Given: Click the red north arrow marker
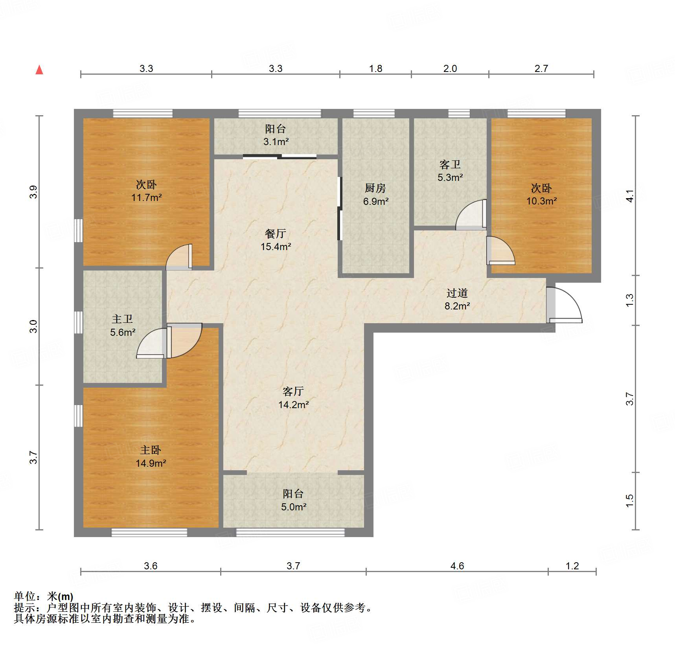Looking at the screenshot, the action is [x=39, y=70].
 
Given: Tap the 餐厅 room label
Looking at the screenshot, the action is [x=275, y=234].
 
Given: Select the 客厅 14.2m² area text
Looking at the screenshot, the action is [x=293, y=405].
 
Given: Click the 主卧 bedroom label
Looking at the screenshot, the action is [x=151, y=450].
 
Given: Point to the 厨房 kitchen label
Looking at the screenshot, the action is [x=375, y=188].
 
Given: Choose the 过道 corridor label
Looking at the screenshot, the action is [x=457, y=293].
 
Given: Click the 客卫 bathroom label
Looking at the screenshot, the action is [x=450, y=164].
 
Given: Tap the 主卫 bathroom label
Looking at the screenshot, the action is [x=122, y=319].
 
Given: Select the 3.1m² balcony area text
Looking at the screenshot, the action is [x=276, y=142].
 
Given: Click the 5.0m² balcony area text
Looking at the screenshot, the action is [x=294, y=507].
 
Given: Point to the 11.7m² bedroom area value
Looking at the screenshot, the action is [x=146, y=197].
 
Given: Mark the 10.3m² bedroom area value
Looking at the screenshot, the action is [x=541, y=201].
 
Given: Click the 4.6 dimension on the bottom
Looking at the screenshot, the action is [x=457, y=566].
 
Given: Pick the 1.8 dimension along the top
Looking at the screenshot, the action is [x=375, y=69].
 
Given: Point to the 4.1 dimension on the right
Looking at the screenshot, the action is [x=630, y=196].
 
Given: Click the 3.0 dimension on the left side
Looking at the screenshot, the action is [x=34, y=326].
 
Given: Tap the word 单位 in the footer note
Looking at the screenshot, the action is [x=25, y=597].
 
